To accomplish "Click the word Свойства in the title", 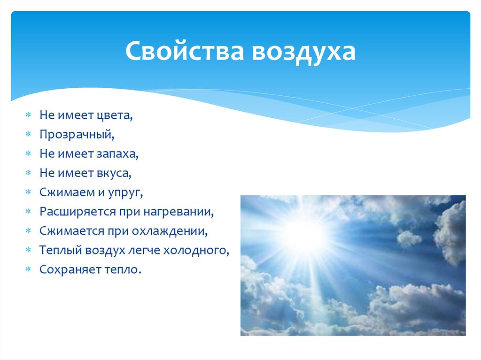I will pos(184,52).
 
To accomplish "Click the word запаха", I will pos(119,154).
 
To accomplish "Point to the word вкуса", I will pos(114,173).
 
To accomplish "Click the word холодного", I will pos(196,250).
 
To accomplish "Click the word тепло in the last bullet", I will pos(123,270).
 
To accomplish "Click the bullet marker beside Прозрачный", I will pos(28,135).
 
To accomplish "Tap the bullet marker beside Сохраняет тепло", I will pos(28,270).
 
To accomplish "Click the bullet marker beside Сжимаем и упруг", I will pos(28,192).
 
